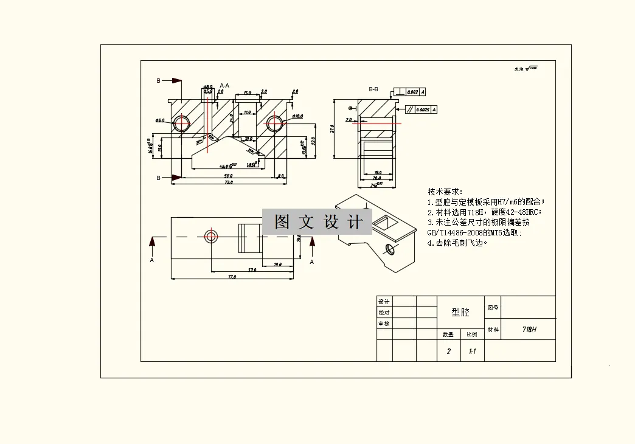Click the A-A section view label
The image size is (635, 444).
point(224,86)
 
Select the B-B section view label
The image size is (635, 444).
point(373,89)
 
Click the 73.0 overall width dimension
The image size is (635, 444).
point(229,182)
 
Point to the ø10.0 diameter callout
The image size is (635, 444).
point(297,116)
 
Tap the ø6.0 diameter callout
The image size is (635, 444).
point(160,120)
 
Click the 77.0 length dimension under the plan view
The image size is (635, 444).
point(232,277)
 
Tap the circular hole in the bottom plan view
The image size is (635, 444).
point(211,235)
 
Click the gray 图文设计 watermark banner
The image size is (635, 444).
point(317,221)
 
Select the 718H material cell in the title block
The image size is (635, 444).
point(529,329)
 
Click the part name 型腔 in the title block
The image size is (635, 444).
point(460,312)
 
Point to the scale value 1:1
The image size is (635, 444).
point(472,352)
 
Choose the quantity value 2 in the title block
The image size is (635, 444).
point(449,352)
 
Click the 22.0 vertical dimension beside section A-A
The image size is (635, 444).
point(313,140)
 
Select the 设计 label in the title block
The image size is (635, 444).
point(384,302)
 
